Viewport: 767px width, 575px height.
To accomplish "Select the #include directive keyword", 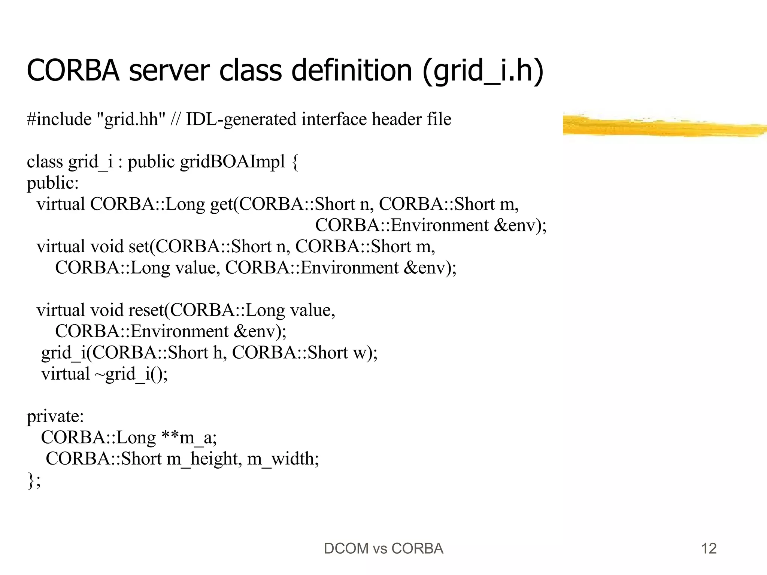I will (x=59, y=119).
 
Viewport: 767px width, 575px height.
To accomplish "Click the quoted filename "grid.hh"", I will (x=131, y=119).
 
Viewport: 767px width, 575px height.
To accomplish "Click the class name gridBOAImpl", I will (x=233, y=162).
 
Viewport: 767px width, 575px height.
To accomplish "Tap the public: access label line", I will (x=53, y=183).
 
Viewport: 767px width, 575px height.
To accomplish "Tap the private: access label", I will (x=55, y=416).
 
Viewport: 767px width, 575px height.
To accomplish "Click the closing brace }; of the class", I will (x=34, y=480).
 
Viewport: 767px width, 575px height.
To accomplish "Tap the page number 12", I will (x=709, y=549).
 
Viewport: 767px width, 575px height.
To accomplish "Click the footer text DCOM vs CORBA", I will (x=383, y=549).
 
